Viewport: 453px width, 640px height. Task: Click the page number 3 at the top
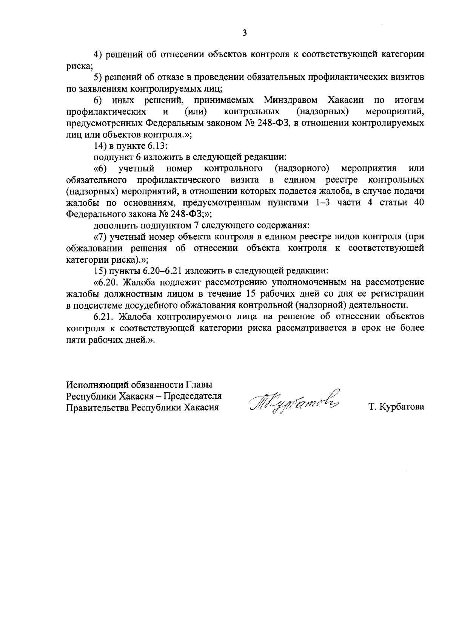click(244, 34)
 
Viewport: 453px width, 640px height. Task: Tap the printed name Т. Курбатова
click(396, 407)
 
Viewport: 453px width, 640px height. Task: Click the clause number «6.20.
click(105, 282)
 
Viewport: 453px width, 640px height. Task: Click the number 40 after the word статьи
click(419, 202)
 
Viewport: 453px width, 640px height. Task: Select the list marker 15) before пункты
click(100, 271)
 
